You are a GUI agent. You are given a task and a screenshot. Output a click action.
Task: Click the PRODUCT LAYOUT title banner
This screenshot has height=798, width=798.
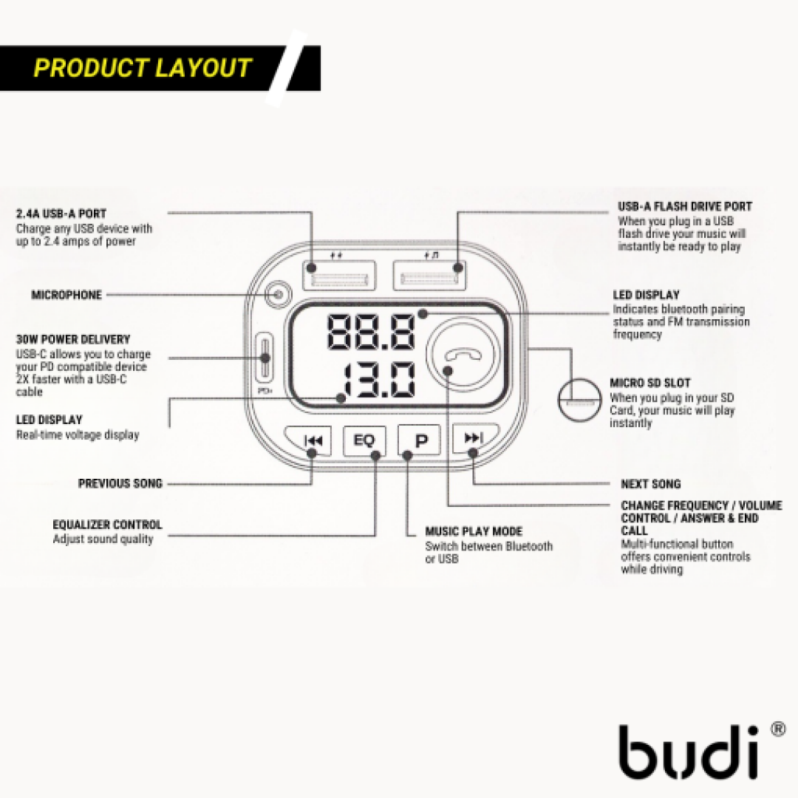click(x=143, y=68)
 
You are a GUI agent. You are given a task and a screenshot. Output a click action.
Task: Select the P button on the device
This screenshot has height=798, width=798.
click(x=420, y=441)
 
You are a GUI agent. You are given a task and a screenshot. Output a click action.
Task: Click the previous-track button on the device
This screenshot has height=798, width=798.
click(x=312, y=441)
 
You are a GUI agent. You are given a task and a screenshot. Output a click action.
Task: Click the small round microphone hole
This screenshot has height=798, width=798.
click(x=278, y=295)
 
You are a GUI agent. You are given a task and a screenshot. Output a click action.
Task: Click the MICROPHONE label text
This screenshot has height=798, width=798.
click(x=66, y=295)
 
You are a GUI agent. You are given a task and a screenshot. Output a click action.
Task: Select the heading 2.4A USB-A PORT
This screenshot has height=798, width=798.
click(x=61, y=214)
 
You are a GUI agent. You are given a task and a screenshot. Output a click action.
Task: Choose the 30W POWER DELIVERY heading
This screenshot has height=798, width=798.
click(x=73, y=340)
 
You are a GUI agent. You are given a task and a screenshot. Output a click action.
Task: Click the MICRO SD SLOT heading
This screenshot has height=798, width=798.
click(x=650, y=383)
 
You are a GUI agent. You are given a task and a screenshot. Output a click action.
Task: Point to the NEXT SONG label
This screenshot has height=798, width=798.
click(x=650, y=484)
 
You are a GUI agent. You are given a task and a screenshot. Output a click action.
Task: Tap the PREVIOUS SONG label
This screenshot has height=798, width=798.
click(x=120, y=484)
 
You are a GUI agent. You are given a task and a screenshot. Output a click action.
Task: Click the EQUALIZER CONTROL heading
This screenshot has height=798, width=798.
click(x=107, y=525)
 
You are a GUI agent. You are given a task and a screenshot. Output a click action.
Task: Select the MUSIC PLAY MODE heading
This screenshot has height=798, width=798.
click(x=474, y=531)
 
